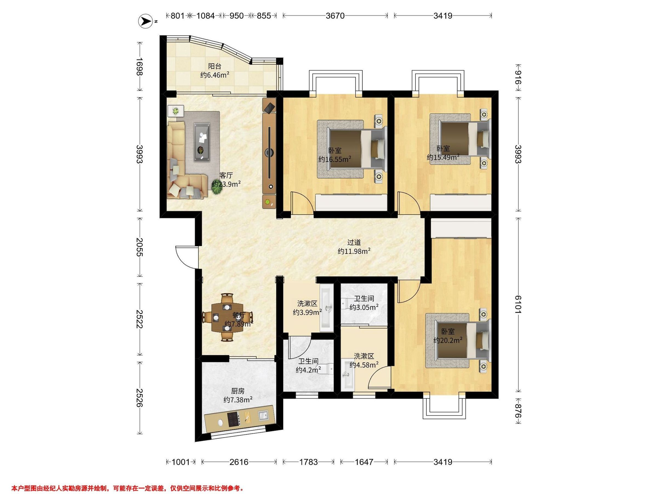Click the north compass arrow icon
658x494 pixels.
[146, 21]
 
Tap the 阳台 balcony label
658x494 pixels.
[214, 66]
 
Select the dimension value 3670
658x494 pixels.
[335, 16]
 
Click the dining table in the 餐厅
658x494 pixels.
[228, 318]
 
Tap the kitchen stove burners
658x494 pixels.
[235, 419]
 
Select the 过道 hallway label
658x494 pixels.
[354, 242]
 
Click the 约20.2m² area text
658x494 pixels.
[448, 340]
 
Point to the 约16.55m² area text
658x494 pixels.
[335, 159]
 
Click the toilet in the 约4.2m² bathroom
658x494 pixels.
[326, 369]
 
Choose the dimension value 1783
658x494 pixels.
[308, 462]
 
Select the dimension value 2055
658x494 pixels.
[140, 247]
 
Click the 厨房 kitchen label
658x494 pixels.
[238, 391]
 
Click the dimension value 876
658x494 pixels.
[518, 411]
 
